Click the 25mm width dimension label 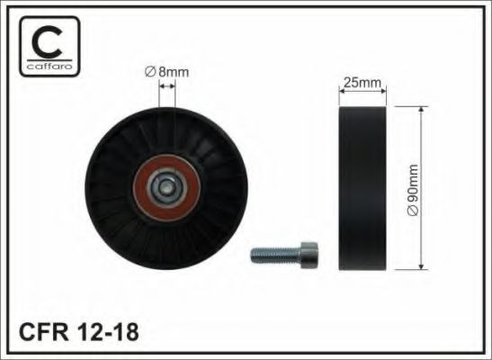coord(362,83)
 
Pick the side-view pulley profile coord(362,190)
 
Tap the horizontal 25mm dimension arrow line coord(362,93)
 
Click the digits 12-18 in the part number coord(109,331)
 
